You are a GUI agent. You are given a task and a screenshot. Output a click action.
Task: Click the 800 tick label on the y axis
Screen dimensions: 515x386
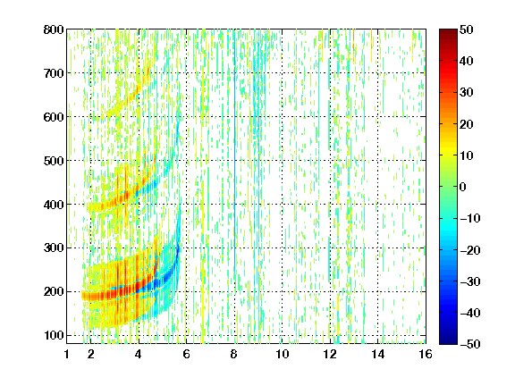click(x=54, y=29)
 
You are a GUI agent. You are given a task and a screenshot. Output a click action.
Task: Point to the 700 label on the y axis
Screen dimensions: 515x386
click(x=54, y=73)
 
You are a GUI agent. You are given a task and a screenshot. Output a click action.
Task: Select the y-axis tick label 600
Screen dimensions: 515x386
click(x=54, y=117)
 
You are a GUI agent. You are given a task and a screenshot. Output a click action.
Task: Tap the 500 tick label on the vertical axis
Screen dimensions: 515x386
click(x=54, y=161)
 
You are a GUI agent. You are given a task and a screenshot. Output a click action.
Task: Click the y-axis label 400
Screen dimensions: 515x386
click(x=54, y=205)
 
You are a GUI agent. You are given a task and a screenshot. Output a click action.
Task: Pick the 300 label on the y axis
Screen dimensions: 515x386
click(x=54, y=248)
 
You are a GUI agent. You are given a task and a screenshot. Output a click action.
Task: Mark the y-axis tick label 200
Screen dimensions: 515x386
click(x=54, y=292)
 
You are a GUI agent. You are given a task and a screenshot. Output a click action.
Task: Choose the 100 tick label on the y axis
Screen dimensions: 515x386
click(x=54, y=335)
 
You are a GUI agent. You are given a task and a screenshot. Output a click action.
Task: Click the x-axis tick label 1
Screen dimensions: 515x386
click(x=67, y=354)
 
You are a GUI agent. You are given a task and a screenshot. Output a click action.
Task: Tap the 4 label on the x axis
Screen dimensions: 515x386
click(x=139, y=354)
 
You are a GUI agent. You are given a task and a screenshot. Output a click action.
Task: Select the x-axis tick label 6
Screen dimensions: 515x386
click(x=186, y=354)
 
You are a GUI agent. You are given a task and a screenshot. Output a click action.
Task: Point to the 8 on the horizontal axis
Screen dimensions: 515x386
click(x=234, y=354)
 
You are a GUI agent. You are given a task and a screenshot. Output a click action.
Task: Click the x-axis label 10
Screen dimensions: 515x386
click(x=283, y=354)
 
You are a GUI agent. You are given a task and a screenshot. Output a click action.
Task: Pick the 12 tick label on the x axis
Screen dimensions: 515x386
click(x=330, y=354)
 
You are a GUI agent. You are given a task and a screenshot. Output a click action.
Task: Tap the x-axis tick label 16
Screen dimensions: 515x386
click(x=426, y=354)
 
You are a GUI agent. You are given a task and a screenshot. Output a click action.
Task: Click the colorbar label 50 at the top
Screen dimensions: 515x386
click(x=467, y=29)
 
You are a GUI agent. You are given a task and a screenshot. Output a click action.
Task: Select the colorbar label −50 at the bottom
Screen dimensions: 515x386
click(x=470, y=344)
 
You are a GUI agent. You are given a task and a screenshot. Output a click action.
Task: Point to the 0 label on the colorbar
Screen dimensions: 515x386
click(x=463, y=187)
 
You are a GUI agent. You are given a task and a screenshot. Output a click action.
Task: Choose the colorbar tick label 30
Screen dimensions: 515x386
click(x=467, y=93)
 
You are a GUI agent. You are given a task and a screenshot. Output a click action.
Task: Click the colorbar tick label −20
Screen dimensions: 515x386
click(x=470, y=250)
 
